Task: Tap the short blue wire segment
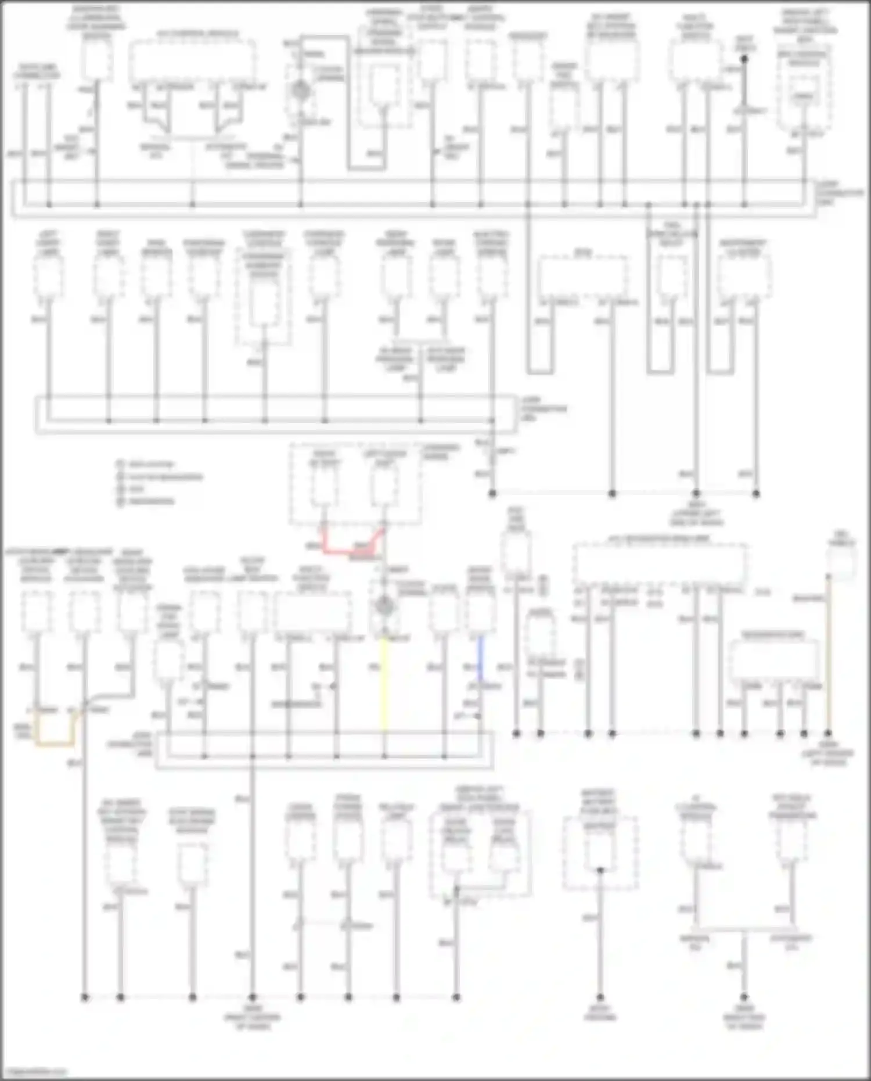click(480, 659)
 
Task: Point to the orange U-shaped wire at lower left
click(55, 742)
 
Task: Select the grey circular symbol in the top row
click(300, 91)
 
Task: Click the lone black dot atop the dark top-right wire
click(745, 59)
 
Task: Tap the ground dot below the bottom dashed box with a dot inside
click(600, 997)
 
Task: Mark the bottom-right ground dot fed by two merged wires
click(744, 997)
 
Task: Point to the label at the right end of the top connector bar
click(840, 193)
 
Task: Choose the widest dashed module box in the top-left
click(192, 62)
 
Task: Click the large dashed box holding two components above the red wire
click(355, 485)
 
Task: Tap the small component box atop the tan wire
click(841, 561)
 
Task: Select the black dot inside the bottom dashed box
click(600, 870)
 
